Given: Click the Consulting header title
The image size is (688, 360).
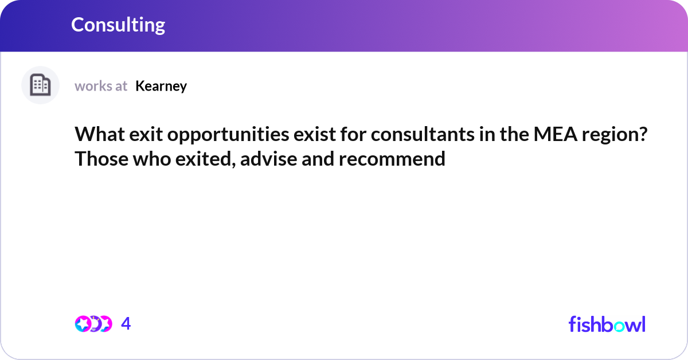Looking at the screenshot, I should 118,25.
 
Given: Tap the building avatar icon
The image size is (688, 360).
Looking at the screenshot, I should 40,85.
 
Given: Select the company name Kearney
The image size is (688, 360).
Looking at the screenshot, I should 161,86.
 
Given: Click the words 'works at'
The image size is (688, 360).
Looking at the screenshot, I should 101,86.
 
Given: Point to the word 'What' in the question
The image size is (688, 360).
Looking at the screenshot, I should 96,135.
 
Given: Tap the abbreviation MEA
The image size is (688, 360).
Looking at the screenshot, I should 553,135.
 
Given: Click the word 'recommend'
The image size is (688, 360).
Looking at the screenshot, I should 392,159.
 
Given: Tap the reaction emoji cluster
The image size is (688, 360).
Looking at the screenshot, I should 93,324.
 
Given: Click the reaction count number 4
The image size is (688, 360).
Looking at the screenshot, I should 126,324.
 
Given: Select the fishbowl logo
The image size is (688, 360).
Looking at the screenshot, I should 607,324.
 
